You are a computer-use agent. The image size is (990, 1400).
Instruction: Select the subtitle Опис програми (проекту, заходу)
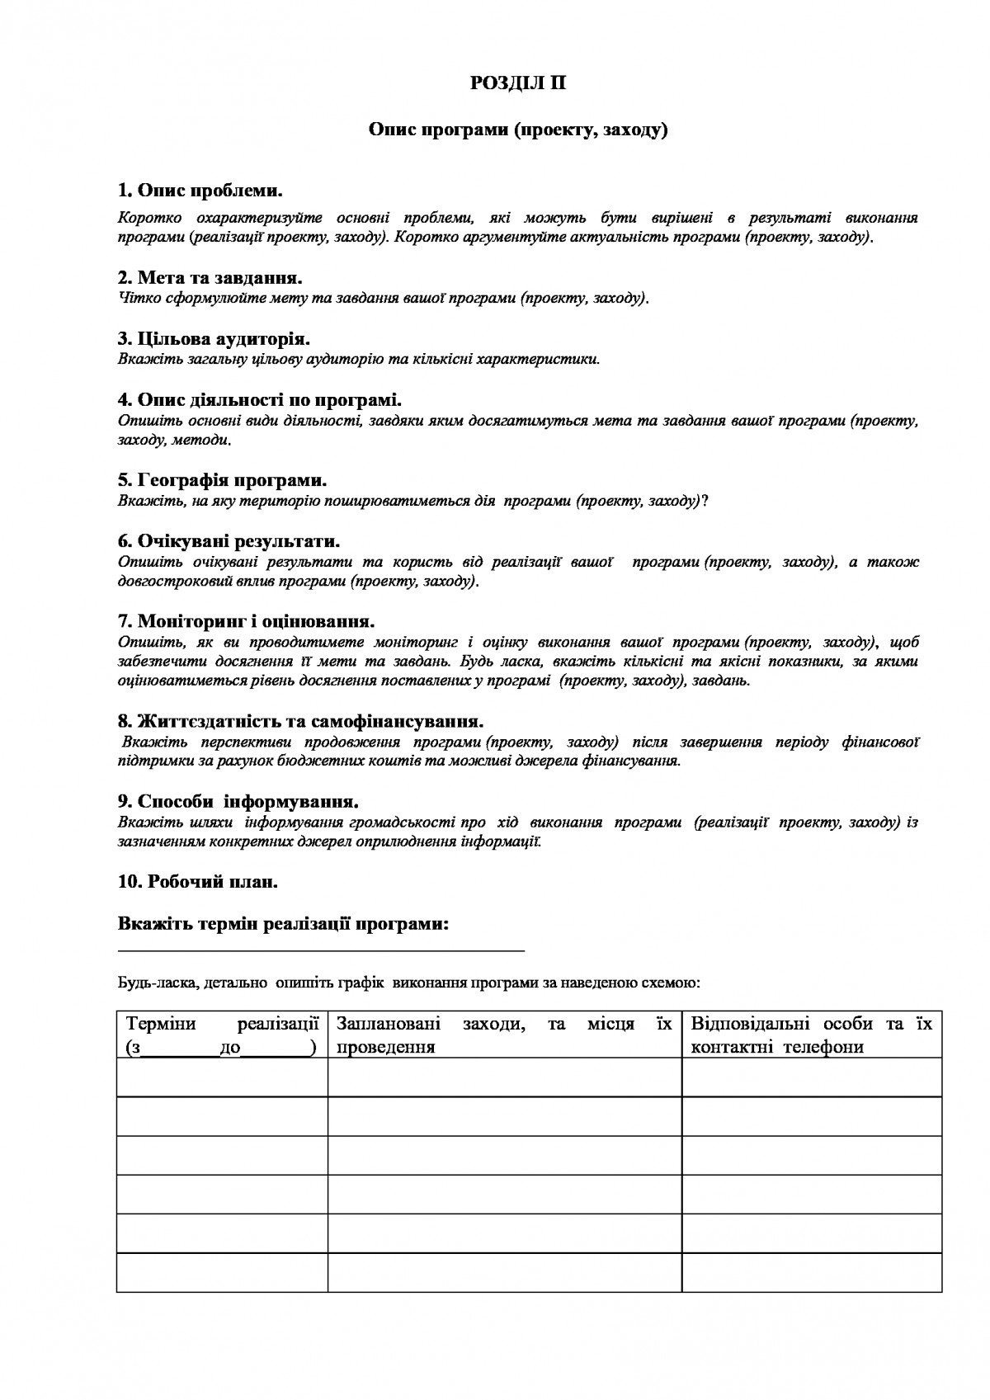pos(517,130)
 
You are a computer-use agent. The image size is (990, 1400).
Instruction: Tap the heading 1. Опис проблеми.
pos(200,191)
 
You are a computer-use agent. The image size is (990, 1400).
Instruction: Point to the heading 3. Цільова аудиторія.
pos(214,339)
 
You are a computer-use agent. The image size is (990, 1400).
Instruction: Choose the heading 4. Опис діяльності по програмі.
pos(260,400)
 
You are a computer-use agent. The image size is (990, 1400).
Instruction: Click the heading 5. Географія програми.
pos(222,480)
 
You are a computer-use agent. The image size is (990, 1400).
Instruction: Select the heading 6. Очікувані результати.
pos(229,542)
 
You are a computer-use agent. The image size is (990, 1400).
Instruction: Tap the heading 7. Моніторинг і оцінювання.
pos(247,621)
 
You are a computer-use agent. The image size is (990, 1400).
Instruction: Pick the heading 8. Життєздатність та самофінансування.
pos(300,722)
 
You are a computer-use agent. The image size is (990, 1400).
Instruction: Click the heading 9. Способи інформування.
pos(238,801)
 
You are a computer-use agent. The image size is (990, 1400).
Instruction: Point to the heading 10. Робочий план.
pos(198,881)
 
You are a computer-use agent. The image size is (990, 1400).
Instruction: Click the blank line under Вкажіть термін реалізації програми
pos(322,950)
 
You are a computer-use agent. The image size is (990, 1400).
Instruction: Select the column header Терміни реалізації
pos(222,1035)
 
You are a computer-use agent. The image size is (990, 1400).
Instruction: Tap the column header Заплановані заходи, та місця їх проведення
pos(504,1035)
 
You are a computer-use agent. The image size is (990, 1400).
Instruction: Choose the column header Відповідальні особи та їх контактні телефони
pos(812,1035)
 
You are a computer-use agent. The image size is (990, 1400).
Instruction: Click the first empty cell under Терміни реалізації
pos(222,1077)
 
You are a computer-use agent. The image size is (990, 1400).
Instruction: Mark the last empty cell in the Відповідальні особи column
pos(812,1272)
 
